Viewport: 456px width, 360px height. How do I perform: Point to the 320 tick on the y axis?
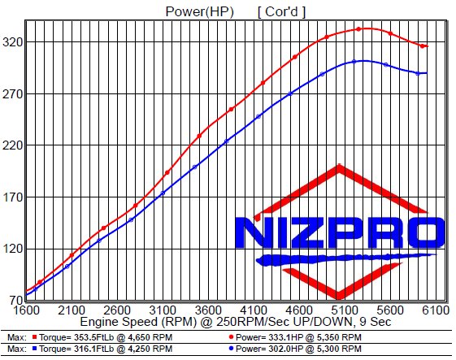pyautogui.click(x=12, y=42)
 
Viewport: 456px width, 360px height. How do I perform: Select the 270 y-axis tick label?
pyautogui.click(x=12, y=94)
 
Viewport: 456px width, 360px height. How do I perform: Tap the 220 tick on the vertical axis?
pyautogui.click(x=12, y=145)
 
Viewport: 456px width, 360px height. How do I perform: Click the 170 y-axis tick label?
pyautogui.click(x=12, y=197)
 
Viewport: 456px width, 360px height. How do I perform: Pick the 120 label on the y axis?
pyautogui.click(x=12, y=249)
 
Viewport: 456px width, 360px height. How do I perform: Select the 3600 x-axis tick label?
pyautogui.click(x=210, y=310)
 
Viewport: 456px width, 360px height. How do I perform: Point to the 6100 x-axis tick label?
pyautogui.click(x=437, y=310)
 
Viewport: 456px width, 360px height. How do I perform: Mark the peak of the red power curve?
pyautogui.click(x=360, y=28)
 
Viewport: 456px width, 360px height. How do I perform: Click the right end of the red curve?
pyautogui.click(x=424, y=46)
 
